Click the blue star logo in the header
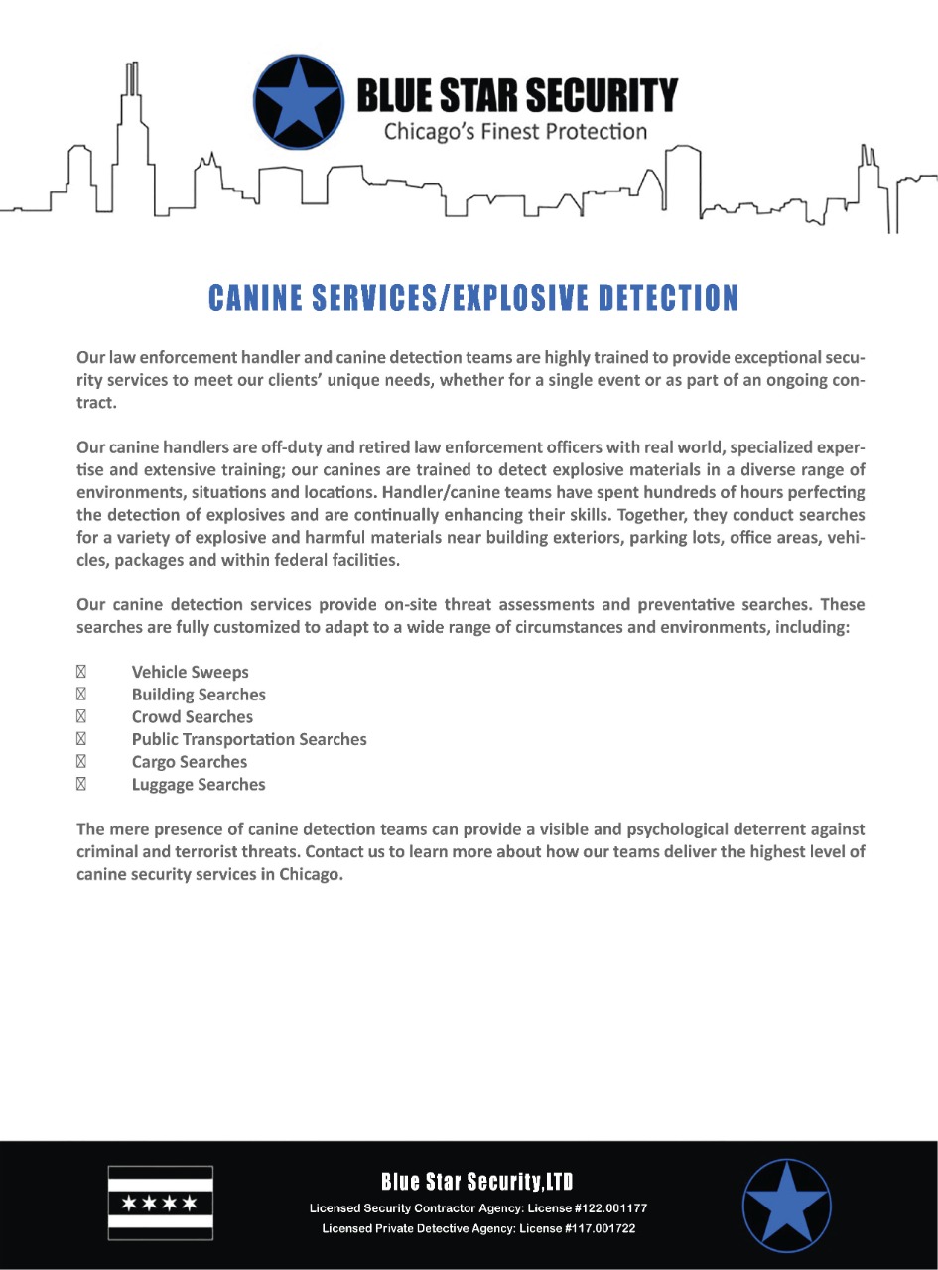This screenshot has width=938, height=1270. coord(298,101)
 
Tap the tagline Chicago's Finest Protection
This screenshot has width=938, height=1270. coord(515,132)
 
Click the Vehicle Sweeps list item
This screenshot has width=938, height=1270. coord(190,673)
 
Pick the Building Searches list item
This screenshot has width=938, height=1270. coord(199,695)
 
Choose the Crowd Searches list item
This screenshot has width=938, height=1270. coord(192,717)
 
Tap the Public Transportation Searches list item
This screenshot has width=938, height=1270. coord(249,740)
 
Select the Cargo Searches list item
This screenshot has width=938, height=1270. coord(189,762)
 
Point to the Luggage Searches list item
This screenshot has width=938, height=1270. coord(199,785)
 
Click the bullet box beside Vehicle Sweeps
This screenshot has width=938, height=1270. coord(82,673)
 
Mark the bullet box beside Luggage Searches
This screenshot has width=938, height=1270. coord(82,785)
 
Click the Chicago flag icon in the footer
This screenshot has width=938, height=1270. coord(160,1203)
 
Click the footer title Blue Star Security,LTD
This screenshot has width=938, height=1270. coord(477,1182)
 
